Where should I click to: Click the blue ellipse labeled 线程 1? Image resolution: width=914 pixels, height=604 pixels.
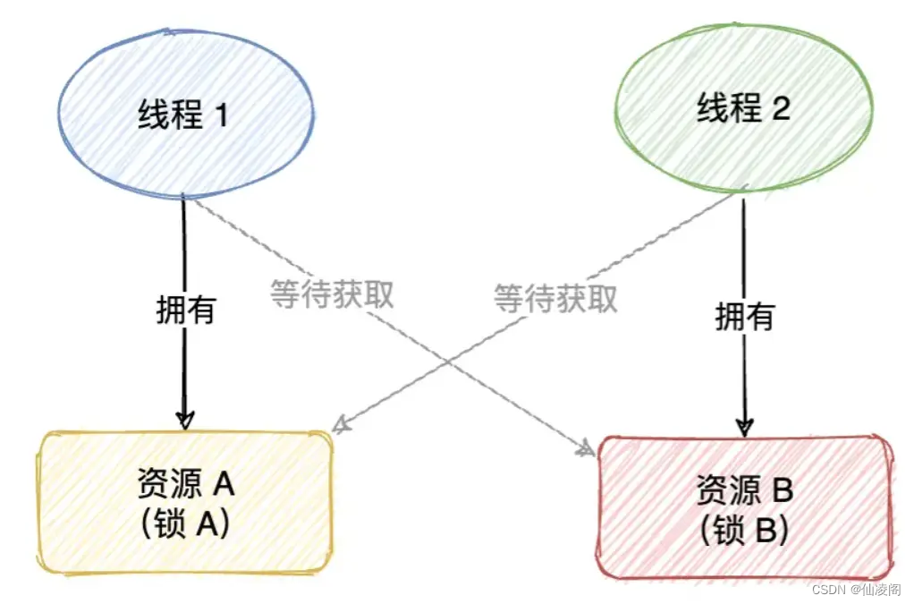tap(184, 114)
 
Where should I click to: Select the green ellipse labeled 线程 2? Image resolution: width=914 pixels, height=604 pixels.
tap(743, 111)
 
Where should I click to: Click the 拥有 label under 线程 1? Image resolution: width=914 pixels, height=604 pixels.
tap(184, 311)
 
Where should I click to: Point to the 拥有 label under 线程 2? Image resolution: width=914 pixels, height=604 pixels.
tap(744, 315)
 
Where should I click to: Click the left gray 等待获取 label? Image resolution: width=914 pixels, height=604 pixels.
tap(332, 294)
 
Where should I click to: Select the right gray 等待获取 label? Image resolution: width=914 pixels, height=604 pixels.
tap(555, 298)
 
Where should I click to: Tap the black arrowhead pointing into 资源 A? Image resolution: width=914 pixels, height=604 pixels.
tap(184, 419)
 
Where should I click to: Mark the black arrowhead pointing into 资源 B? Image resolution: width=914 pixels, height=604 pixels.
tap(744, 425)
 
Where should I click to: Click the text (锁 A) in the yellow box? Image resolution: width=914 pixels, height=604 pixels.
tap(186, 523)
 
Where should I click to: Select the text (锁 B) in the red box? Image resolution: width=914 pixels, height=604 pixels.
tap(744, 530)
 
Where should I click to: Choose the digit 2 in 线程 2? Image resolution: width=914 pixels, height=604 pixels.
tap(780, 110)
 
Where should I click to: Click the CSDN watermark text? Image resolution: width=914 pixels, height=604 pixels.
tap(857, 590)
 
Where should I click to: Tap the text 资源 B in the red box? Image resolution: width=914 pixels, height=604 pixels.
tap(744, 490)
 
